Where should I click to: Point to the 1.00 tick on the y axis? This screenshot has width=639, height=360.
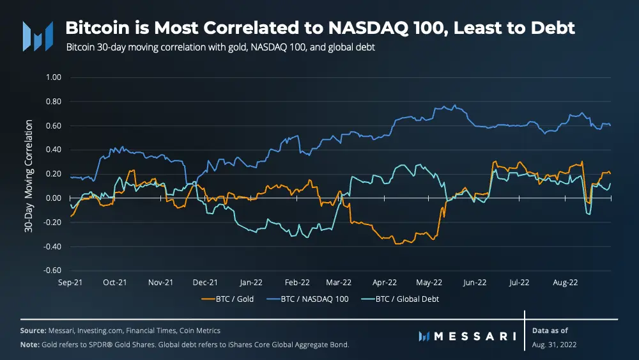coord(52,77)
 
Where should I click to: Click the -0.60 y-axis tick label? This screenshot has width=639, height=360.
coord(51,270)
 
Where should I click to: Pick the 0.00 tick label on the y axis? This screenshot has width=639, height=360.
coord(52,198)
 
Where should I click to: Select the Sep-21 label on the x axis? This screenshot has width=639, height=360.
coord(69,281)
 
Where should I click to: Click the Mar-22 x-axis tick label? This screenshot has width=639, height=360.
coord(339,281)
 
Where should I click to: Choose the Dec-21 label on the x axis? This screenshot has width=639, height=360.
coord(205,281)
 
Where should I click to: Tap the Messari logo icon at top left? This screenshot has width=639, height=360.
coord(38,35)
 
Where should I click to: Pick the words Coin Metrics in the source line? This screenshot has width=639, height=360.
coord(199,331)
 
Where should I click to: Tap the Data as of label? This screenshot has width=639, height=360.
coord(550,331)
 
